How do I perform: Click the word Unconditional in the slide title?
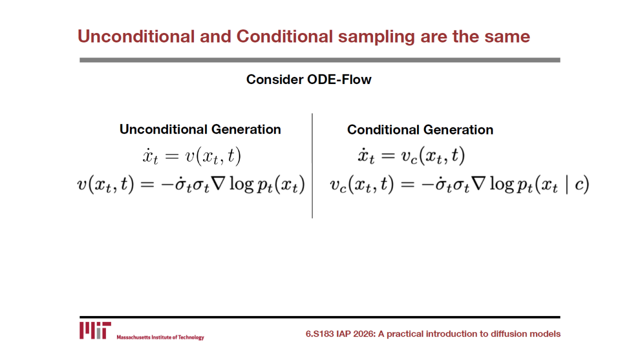[136, 36]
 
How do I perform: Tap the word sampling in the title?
[376, 37]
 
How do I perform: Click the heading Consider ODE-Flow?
[309, 79]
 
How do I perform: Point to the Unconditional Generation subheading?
[200, 129]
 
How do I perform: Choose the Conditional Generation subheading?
[420, 129]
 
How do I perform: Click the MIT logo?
[95, 330]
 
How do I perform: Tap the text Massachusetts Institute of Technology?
[160, 337]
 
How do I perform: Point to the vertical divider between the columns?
[312, 165]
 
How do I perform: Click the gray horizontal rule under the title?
[319, 60]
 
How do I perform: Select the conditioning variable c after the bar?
[579, 185]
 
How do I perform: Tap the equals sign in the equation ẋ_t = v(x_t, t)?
[172, 156]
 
